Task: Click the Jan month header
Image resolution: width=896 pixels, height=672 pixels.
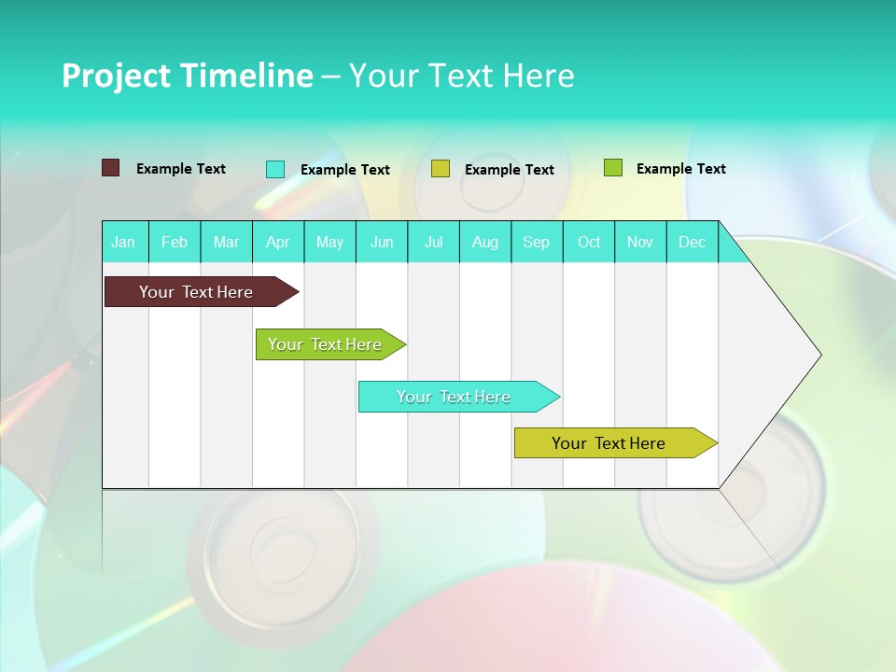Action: click(x=124, y=242)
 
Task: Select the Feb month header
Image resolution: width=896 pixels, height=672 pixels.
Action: click(x=175, y=242)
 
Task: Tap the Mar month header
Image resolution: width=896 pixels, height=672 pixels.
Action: click(x=226, y=242)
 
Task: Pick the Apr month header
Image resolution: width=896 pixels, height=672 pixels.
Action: click(x=278, y=242)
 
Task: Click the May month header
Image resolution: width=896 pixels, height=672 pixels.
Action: click(x=329, y=242)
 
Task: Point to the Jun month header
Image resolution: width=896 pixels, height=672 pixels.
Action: click(x=382, y=242)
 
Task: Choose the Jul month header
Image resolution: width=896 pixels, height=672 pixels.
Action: click(x=434, y=242)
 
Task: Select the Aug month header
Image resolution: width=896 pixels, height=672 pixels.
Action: click(x=485, y=242)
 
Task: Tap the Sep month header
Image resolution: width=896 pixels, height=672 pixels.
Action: click(x=537, y=242)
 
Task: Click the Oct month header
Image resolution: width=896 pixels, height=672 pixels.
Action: click(x=589, y=242)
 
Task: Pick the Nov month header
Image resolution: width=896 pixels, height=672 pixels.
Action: click(x=640, y=242)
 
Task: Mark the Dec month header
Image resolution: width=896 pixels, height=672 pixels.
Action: click(x=693, y=242)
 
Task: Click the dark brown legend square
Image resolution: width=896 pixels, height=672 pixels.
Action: click(x=111, y=168)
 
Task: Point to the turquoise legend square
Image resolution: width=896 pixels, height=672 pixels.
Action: click(x=275, y=169)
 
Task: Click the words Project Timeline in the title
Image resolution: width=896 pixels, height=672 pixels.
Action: click(x=188, y=76)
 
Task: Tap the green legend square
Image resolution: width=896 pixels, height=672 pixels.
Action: click(x=613, y=168)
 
